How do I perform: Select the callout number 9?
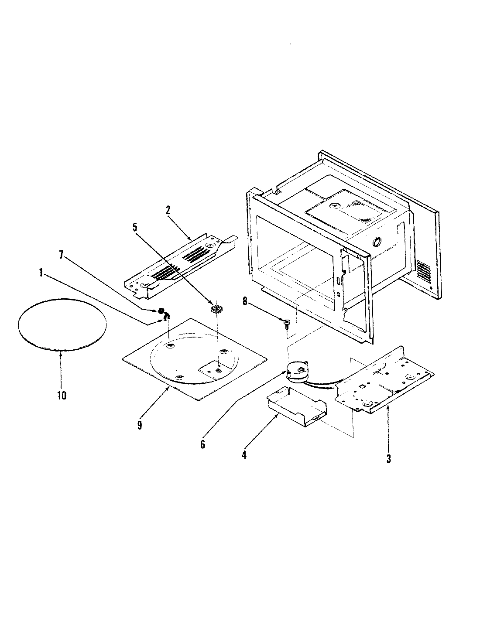point(140,424)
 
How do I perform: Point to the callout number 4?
point(244,454)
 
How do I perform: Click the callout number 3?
point(388,458)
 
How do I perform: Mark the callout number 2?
point(168,209)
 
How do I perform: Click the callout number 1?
point(41,273)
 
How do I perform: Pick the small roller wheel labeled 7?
point(161,311)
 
